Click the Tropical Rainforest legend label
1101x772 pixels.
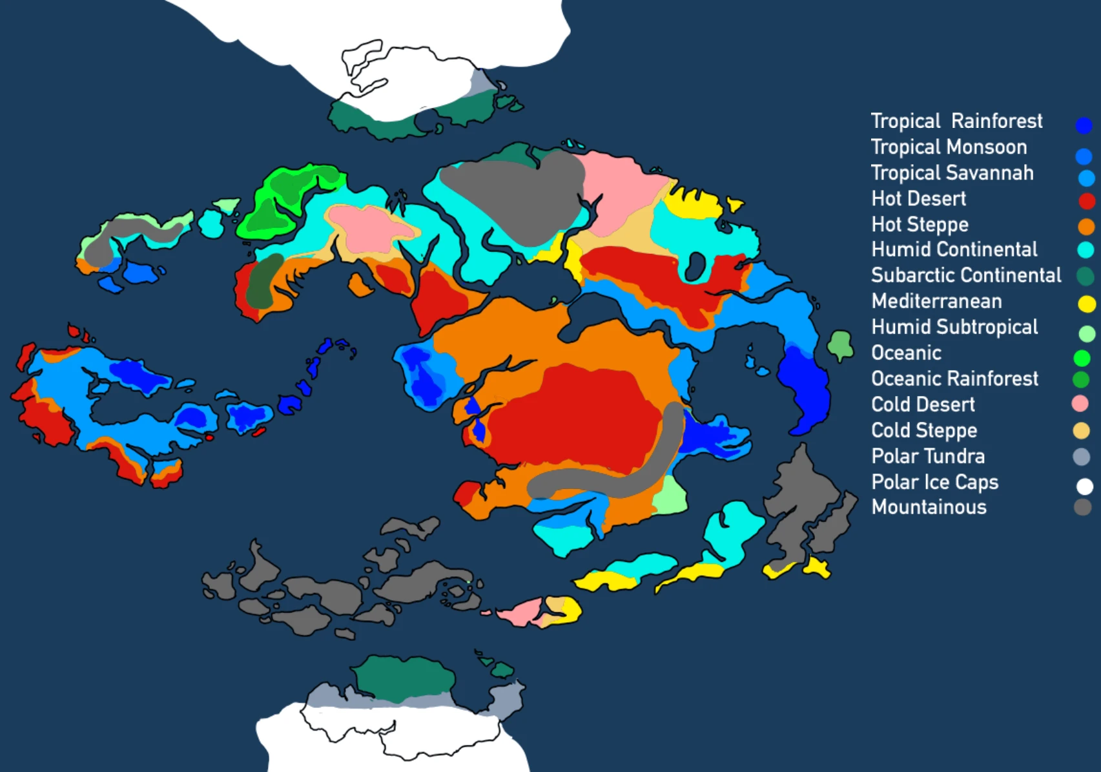pyautogui.click(x=956, y=121)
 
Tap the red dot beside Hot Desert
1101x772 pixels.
pyautogui.click(x=1086, y=201)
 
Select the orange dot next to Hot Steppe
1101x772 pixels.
pyautogui.click(x=1086, y=227)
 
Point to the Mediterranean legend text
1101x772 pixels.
pyautogui.click(x=936, y=302)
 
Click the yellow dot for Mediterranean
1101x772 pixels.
pyautogui.click(x=1086, y=304)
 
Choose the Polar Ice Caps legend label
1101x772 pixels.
pyautogui.click(x=934, y=483)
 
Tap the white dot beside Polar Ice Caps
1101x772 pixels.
pyautogui.click(x=1085, y=486)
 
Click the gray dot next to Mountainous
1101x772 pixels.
pyautogui.click(x=1083, y=507)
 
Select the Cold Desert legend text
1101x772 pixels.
pyautogui.click(x=923, y=405)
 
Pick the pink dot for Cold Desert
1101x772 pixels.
pyautogui.click(x=1080, y=404)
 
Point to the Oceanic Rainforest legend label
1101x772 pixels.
pyautogui.click(x=954, y=379)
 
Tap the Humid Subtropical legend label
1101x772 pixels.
pyautogui.click(x=954, y=328)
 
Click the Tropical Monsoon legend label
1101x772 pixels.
pyautogui.click(x=949, y=147)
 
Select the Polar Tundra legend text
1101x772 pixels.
pyautogui.click(x=928, y=457)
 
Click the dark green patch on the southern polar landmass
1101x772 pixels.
pyautogui.click(x=404, y=678)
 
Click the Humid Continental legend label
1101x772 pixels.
pyautogui.click(x=954, y=250)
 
